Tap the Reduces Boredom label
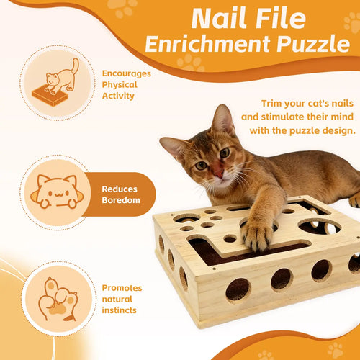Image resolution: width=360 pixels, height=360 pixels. coord(120,194)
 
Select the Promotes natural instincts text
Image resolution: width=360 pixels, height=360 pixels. coord(122,298)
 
